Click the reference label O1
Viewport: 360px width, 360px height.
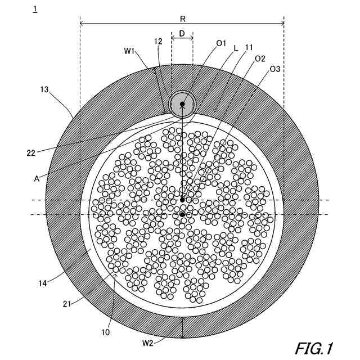pos(221,43)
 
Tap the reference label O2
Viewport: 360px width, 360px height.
pos(260,58)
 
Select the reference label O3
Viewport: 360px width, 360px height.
pos(276,69)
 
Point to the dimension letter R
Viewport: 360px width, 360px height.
pos(183,18)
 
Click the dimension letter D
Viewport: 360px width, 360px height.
pos(182,33)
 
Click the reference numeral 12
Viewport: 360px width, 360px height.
pos(159,41)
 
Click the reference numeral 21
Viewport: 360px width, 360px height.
pos(68,304)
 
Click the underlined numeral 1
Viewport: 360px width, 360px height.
pos(35,9)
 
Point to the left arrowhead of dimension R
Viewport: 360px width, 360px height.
pos(82,24)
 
